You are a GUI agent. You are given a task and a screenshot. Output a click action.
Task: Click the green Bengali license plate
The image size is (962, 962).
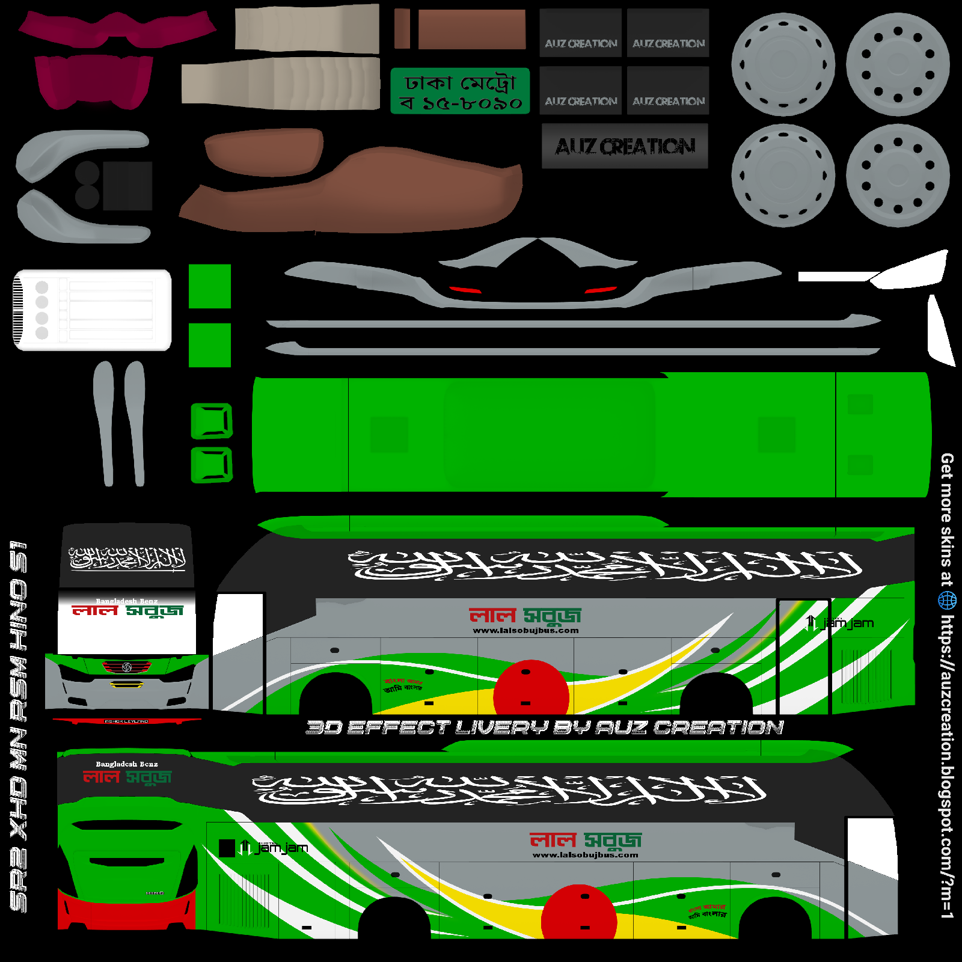(x=460, y=91)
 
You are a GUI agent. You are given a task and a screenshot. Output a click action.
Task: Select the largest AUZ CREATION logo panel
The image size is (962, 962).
(x=625, y=146)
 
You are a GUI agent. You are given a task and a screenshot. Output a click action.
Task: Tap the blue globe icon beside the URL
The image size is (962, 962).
(x=947, y=599)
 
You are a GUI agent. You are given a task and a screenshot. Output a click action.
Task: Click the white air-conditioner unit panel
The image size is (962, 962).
(x=93, y=310)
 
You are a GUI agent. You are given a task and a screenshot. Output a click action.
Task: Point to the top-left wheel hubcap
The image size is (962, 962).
(x=783, y=64)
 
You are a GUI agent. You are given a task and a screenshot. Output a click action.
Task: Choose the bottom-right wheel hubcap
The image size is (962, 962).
(x=897, y=176)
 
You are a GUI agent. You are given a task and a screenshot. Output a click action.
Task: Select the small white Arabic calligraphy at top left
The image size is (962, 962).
(x=127, y=559)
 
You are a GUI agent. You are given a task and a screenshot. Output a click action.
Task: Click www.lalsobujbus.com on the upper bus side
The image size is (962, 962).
(x=525, y=631)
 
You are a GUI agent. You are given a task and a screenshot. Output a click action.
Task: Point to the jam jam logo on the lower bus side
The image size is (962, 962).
(x=274, y=848)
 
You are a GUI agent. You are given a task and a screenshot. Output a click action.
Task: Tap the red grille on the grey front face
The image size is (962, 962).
(x=127, y=667)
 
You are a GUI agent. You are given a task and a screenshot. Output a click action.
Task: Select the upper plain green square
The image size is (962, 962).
(x=210, y=286)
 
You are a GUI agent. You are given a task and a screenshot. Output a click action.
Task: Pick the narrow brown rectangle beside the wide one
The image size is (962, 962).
(x=402, y=29)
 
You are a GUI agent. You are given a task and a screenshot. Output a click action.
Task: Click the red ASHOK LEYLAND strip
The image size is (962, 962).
(x=126, y=721)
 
